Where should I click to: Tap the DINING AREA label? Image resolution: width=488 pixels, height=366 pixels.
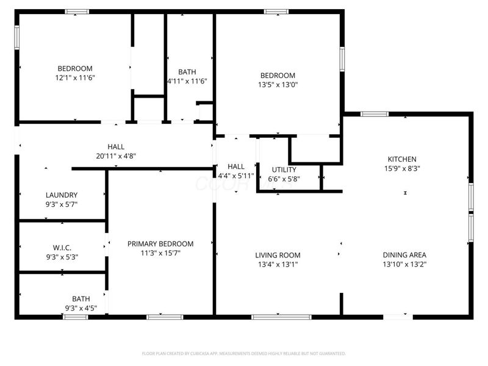404,255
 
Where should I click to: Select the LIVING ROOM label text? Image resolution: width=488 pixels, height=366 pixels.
278,255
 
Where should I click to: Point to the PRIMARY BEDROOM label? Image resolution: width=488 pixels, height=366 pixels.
160,243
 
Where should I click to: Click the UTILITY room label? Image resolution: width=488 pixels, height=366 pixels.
284,170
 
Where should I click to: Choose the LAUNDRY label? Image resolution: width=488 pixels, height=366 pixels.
62,195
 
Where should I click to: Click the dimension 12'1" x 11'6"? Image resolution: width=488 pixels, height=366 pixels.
75,77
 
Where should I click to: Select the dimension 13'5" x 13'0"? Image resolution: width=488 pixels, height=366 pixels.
277,85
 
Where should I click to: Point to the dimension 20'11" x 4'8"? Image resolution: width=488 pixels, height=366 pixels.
116,156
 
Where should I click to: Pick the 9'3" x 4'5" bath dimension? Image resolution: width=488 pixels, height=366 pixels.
81,308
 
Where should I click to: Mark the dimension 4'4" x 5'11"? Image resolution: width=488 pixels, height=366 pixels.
235,176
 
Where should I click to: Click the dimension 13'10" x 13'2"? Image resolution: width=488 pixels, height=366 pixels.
404,264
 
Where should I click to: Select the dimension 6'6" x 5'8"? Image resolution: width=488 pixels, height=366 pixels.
284,179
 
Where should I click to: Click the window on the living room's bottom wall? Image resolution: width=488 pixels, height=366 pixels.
281,317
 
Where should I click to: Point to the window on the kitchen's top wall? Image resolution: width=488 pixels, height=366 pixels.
375,113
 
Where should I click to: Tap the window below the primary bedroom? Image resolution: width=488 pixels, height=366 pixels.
165,317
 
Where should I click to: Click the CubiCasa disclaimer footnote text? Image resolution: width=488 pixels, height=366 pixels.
244,353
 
